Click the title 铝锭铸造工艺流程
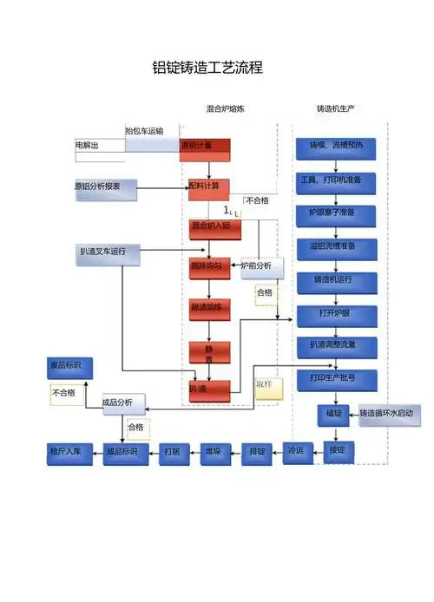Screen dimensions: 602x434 207,68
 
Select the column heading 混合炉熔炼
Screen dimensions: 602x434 226,109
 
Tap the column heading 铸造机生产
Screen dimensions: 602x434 336,109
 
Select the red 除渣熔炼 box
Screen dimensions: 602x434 209,308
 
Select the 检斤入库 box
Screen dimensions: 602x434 69,453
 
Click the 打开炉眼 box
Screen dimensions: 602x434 337,313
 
